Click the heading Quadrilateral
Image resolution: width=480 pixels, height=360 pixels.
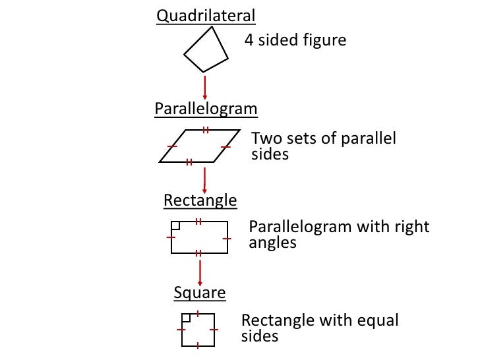point(206,16)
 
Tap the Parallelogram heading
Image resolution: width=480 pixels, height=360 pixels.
point(206,108)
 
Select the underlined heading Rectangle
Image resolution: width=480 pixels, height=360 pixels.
point(200,200)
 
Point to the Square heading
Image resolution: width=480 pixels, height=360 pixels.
point(200,293)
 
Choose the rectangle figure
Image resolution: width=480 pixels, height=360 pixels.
point(199,237)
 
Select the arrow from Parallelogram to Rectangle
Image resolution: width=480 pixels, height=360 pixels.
point(204,179)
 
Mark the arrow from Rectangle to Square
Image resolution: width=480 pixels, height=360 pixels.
point(199,271)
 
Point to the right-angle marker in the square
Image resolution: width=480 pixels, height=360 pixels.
point(187,317)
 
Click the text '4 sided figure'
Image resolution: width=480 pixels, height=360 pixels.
point(295,41)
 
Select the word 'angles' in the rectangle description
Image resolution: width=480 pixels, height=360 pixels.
point(272,243)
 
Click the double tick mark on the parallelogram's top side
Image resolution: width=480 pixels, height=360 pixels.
point(206,130)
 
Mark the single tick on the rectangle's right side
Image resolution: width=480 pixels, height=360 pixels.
point(227,237)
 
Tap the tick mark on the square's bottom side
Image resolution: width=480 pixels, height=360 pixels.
point(198,345)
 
